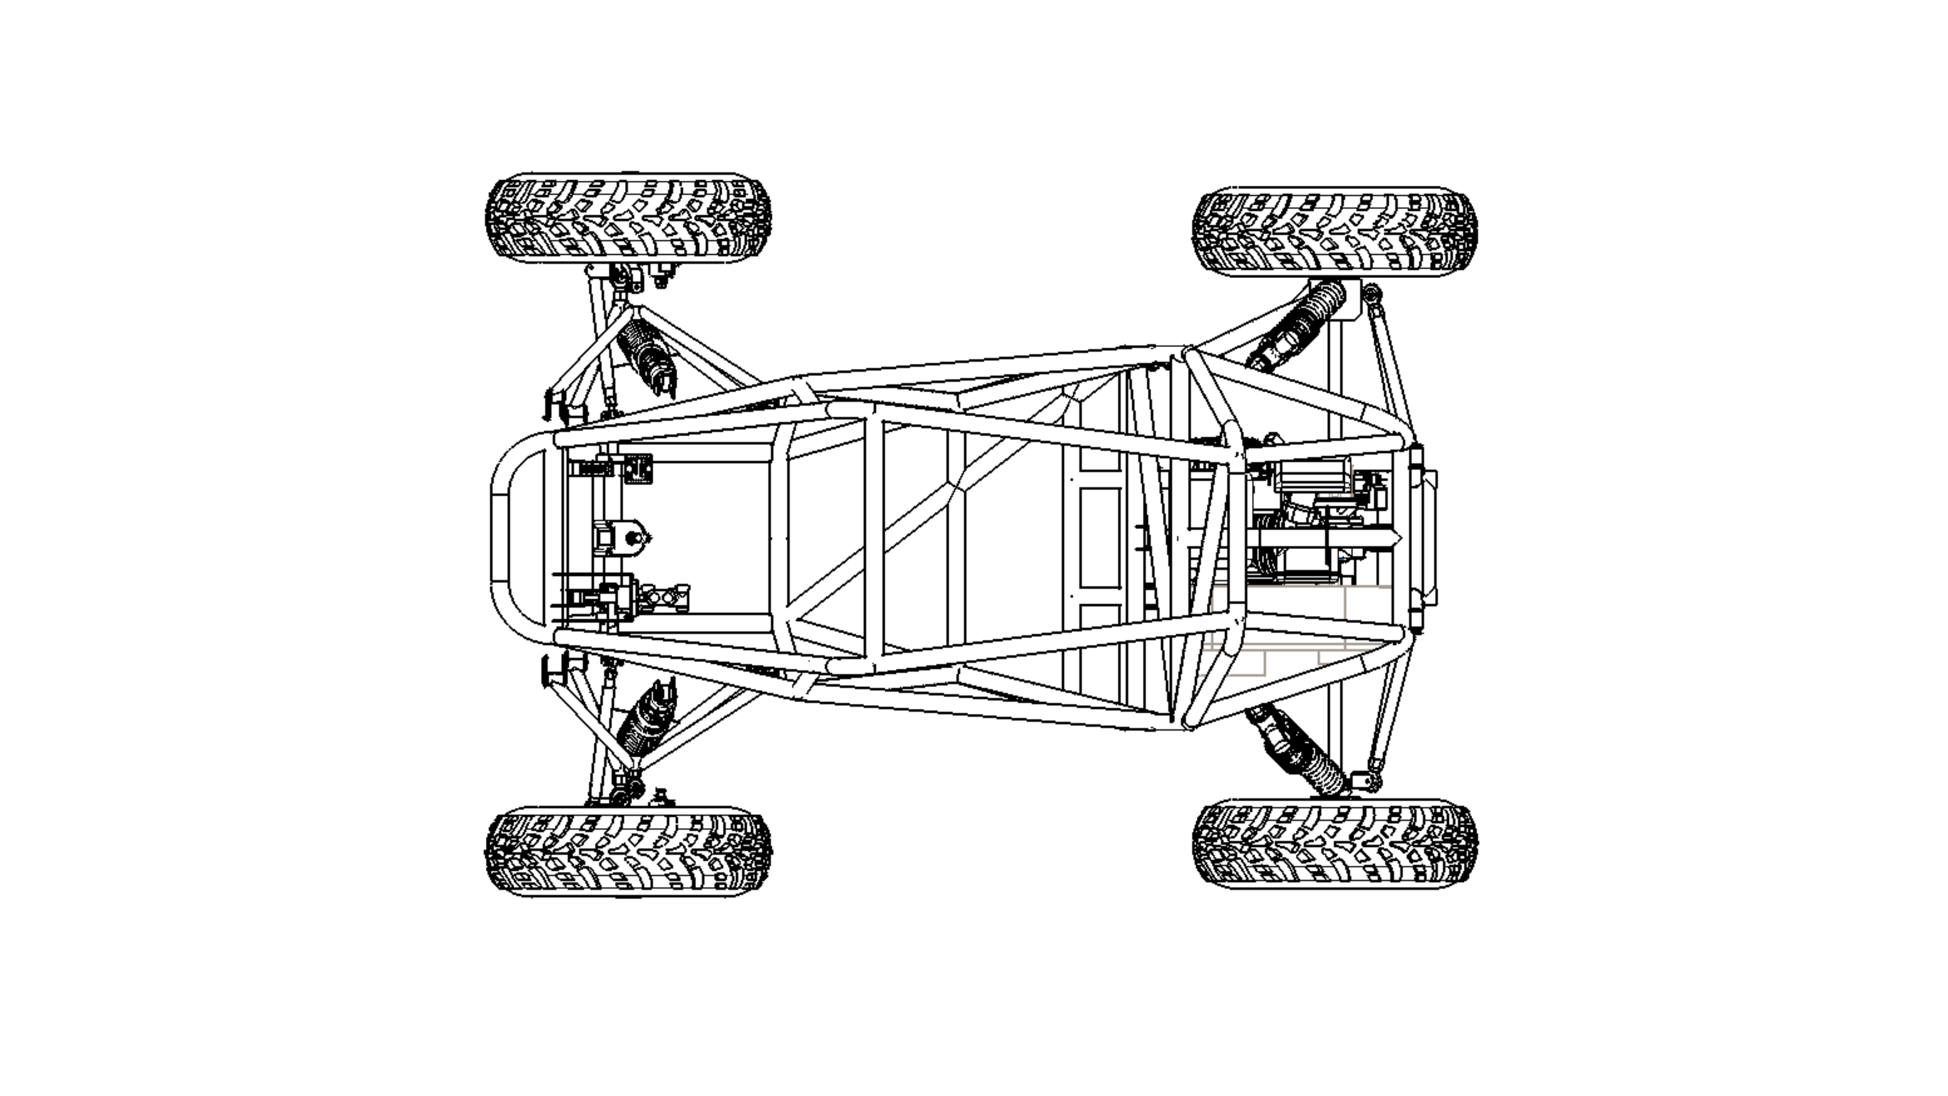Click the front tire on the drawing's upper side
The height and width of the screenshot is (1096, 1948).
(x=628, y=218)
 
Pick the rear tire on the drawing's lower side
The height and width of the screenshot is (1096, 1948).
(x=1335, y=843)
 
